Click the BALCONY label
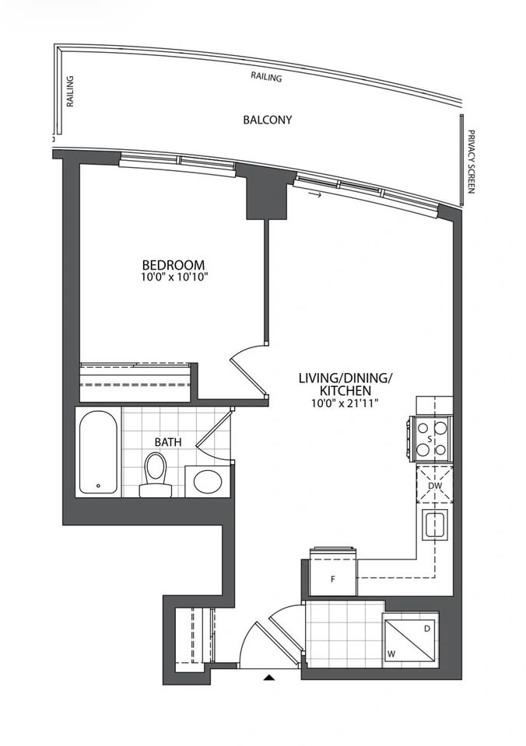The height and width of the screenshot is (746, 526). coord(268,120)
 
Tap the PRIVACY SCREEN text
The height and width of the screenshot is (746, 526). coord(472,162)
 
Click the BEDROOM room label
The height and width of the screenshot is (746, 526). coord(174,264)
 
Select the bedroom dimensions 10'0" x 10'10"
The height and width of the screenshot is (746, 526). coord(174,277)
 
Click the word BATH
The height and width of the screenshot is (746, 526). coord(168,442)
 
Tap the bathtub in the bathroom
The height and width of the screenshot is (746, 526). coord(98,452)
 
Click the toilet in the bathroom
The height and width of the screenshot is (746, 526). coord(156,474)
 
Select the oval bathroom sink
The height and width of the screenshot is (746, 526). coord(208,482)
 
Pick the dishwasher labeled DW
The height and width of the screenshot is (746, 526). coord(434,485)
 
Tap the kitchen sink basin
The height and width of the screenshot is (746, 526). coord(435,525)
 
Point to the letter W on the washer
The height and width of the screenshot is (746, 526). coord(391,654)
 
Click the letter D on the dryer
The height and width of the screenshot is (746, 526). coord(427,629)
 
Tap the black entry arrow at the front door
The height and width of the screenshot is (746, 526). coord(270,678)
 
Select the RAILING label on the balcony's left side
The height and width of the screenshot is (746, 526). coord(69,91)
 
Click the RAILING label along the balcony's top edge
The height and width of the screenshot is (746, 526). coord(266,77)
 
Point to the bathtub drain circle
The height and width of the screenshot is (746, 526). coord(98,486)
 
